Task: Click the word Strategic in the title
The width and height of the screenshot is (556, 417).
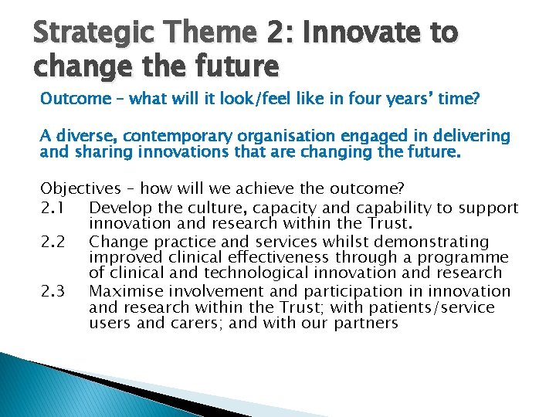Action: click(x=79, y=35)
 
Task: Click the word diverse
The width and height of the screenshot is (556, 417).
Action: click(x=81, y=137)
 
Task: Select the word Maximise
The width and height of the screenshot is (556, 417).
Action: click(x=124, y=291)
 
